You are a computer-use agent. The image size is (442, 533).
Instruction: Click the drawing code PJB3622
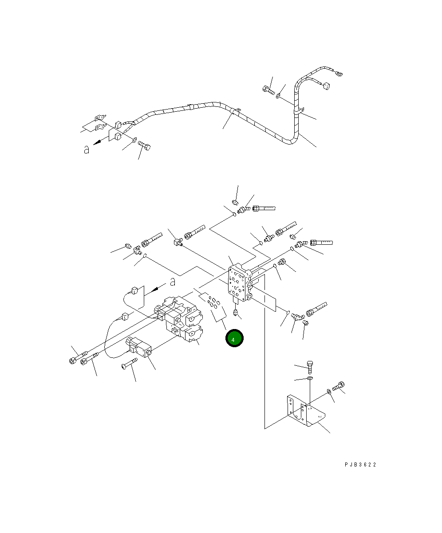(360, 465)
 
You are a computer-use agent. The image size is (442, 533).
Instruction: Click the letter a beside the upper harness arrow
(87, 150)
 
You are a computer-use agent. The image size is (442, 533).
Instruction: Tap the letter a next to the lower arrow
(173, 281)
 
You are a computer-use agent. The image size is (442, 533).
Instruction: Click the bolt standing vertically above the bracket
(311, 367)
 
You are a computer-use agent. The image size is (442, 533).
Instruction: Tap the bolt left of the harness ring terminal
(268, 90)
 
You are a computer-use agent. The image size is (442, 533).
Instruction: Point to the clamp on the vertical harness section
(299, 111)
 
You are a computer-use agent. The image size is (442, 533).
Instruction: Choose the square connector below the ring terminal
(327, 87)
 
